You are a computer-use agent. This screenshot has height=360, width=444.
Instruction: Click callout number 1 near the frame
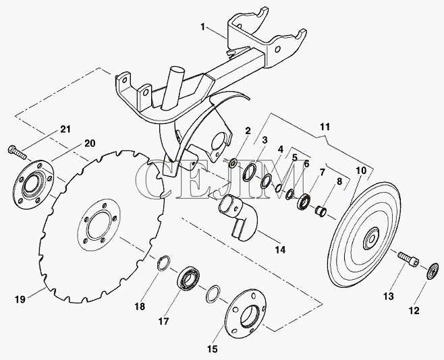pyautogui.click(x=202, y=28)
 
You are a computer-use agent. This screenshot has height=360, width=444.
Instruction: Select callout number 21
pyautogui.click(x=65, y=129)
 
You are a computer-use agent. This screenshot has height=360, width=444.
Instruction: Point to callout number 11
pyautogui.click(x=325, y=126)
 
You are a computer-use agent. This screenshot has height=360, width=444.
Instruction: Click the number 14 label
pyautogui.click(x=279, y=249)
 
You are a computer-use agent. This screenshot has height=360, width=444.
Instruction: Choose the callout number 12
pyautogui.click(x=414, y=311)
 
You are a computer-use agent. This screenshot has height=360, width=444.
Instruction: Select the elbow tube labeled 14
pyautogui.click(x=236, y=214)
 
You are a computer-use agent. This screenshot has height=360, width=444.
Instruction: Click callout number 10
pyautogui.click(x=362, y=171)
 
